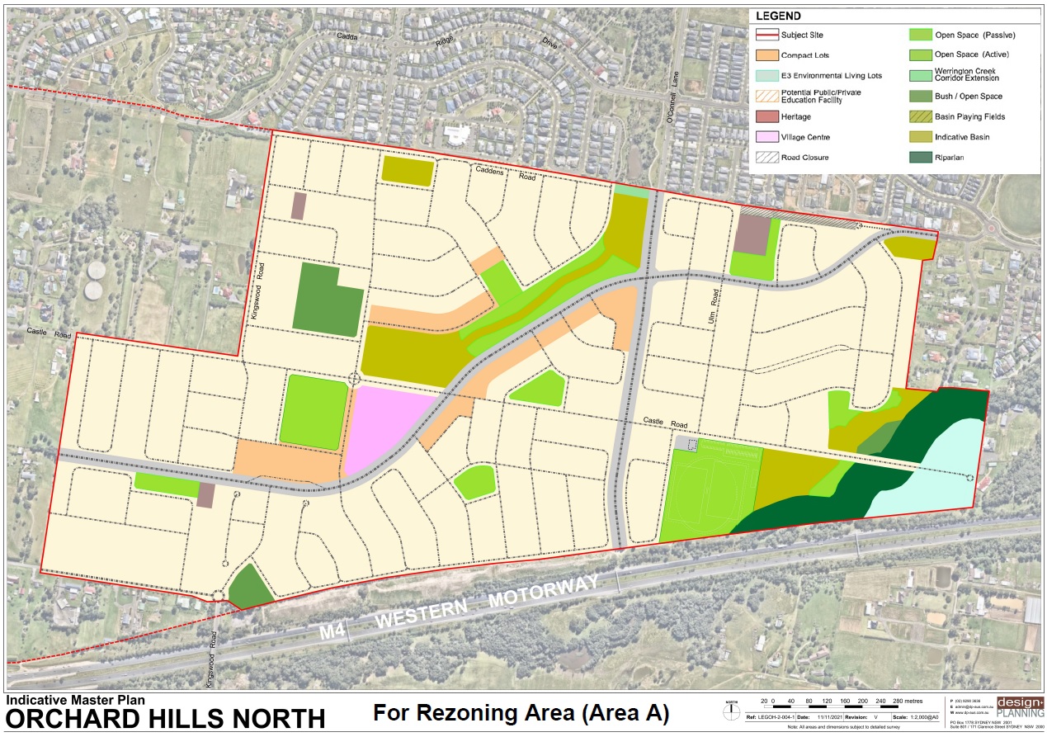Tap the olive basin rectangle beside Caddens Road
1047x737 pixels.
tap(408, 172)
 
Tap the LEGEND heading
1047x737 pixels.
tap(778, 16)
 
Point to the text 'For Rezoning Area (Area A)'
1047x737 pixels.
tap(521, 712)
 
